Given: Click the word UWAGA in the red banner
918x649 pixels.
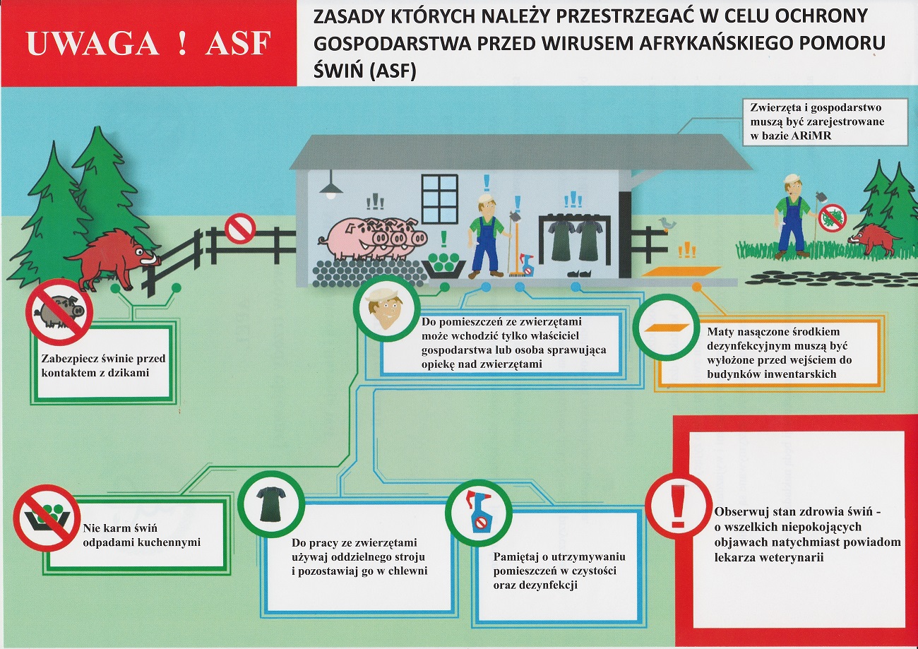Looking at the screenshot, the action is [x=93, y=43].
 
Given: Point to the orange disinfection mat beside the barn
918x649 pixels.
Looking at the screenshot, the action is [x=681, y=271].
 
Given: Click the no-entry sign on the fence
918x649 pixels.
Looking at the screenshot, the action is [x=240, y=228].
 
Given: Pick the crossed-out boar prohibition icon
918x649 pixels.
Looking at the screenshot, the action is [x=59, y=312].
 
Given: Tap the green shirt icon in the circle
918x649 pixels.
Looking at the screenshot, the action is [x=271, y=504].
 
